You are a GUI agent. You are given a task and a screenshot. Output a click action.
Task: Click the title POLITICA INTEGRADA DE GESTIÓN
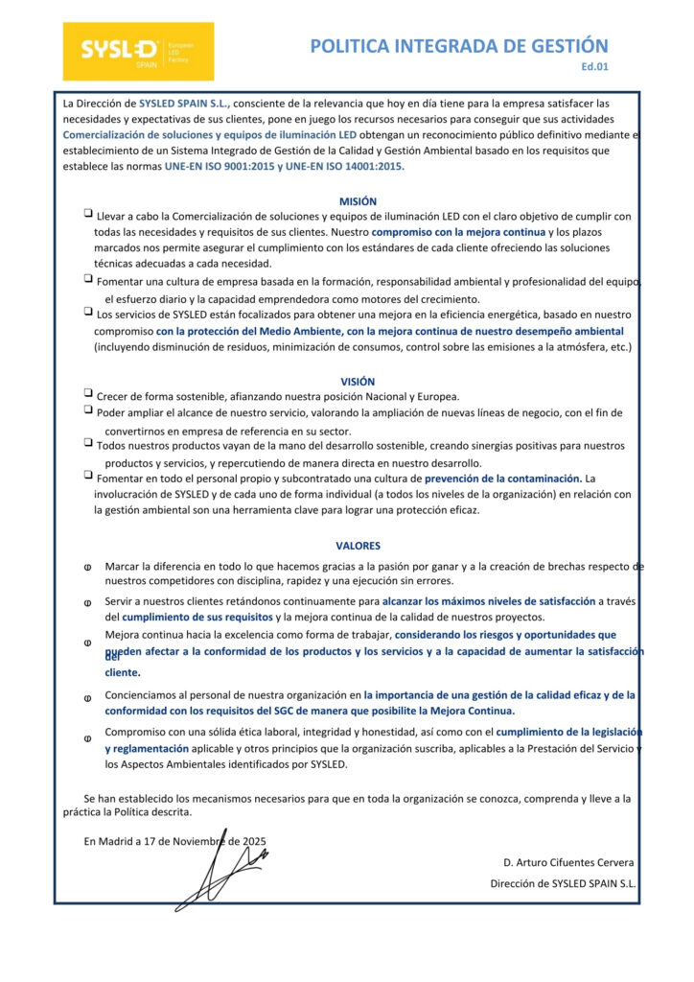point(458,46)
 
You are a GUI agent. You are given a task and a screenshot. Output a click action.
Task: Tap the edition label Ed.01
point(594,67)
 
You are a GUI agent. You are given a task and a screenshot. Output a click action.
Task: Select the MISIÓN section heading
point(358,201)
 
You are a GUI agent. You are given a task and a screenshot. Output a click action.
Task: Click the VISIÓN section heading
point(358,381)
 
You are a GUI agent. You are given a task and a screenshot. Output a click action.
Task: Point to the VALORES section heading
point(358,546)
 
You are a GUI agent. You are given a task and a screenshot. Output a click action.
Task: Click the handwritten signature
point(220,862)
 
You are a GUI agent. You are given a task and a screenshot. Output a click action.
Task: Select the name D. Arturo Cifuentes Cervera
point(567,863)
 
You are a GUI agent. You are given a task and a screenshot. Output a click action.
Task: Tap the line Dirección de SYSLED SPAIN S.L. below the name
point(563,883)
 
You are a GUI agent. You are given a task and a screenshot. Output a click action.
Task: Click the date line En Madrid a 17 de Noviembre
point(174,841)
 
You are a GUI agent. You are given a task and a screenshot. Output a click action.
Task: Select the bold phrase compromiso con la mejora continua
point(458,232)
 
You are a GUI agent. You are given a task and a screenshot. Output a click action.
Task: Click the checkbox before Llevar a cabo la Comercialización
point(88,215)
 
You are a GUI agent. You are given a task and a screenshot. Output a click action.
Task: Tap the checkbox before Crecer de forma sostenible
point(88,394)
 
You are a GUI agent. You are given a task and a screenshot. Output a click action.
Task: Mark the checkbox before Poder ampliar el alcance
point(88,410)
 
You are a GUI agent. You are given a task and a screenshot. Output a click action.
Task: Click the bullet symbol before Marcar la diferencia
point(88,567)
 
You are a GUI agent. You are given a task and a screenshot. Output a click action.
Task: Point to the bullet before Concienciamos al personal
point(88,697)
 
